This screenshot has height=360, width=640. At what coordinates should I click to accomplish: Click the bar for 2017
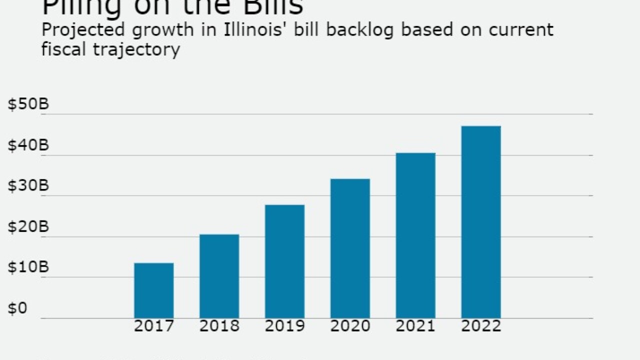click(x=154, y=290)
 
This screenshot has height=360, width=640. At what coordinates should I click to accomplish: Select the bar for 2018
click(x=219, y=276)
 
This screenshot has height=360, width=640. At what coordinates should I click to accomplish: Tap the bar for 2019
click(x=284, y=261)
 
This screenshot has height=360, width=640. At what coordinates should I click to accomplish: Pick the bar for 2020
click(x=350, y=248)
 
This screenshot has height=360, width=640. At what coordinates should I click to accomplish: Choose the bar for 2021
click(x=415, y=235)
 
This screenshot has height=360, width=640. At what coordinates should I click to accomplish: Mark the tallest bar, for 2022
click(x=481, y=222)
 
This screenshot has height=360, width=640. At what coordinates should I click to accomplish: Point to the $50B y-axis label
click(x=28, y=104)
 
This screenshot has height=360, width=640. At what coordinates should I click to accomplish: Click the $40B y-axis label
click(x=28, y=145)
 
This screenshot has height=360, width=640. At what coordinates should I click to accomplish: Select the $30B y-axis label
click(x=28, y=186)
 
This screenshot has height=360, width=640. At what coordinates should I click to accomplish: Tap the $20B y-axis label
click(x=28, y=227)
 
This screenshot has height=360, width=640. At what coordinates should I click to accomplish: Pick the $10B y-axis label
click(x=28, y=267)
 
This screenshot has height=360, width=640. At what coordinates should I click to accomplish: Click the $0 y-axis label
click(x=17, y=308)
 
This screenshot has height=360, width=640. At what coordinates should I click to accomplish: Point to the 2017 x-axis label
click(x=154, y=326)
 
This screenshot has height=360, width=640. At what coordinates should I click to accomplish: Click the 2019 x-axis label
click(x=284, y=326)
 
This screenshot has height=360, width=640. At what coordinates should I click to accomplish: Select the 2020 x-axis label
click(x=350, y=326)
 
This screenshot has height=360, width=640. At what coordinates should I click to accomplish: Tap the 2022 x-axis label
click(x=481, y=326)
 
